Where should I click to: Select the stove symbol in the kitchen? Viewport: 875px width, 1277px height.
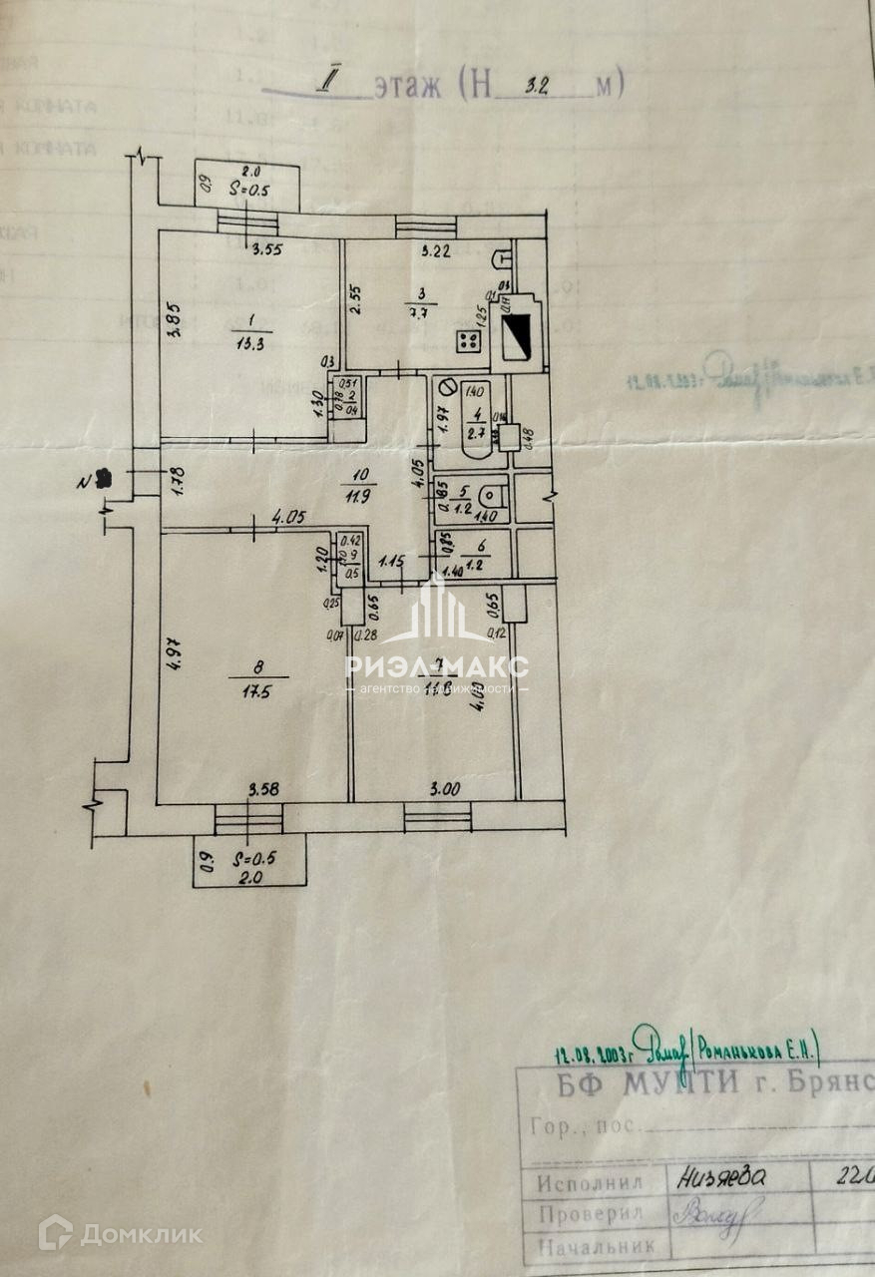467,342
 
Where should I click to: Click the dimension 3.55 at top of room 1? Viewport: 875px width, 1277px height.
265,250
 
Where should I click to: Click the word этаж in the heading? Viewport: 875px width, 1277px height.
407,88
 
